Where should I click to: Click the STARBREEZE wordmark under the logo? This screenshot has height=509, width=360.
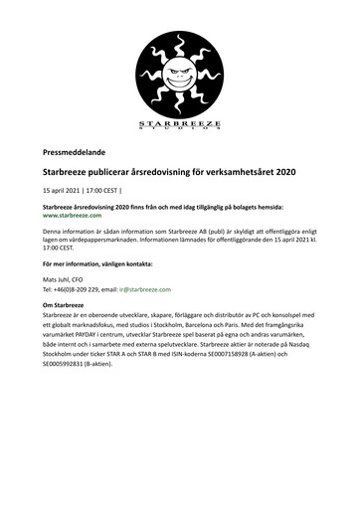coord(179,122)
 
